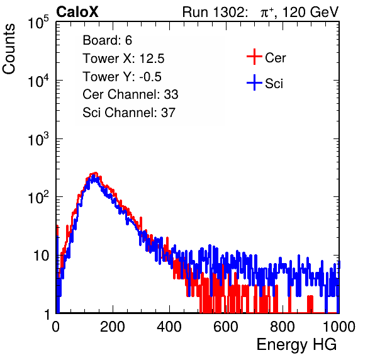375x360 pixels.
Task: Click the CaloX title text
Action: pyautogui.click(x=77, y=12)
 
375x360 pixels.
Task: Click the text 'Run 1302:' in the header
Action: pyautogui.click(x=215, y=12)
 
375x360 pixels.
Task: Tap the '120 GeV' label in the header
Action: pyautogui.click(x=310, y=12)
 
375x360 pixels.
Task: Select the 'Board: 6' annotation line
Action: pyautogui.click(x=107, y=40)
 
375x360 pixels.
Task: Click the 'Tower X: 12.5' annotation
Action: pyautogui.click(x=123, y=59)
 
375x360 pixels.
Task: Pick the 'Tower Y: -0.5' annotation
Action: pyautogui.click(x=122, y=77)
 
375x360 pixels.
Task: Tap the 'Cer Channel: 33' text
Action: pyautogui.click(x=130, y=94)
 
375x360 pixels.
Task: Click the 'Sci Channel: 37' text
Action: pyautogui.click(x=129, y=113)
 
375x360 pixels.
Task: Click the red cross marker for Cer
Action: pyautogui.click(x=254, y=57)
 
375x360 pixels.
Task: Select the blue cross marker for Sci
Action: pyautogui.click(x=254, y=83)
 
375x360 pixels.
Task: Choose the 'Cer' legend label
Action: pyautogui.click(x=275, y=58)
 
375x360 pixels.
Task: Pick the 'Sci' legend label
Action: pyautogui.click(x=274, y=84)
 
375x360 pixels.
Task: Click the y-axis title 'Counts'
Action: pyautogui.click(x=9, y=49)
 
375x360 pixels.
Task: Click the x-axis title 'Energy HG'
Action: pyautogui.click(x=296, y=344)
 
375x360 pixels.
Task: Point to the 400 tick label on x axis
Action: pyautogui.click(x=169, y=327)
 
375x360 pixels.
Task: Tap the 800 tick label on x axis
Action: pyautogui.click(x=283, y=327)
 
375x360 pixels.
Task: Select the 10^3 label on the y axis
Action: pyautogui.click(x=38, y=139)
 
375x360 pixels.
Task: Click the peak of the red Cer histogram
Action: pyautogui.click(x=96, y=172)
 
